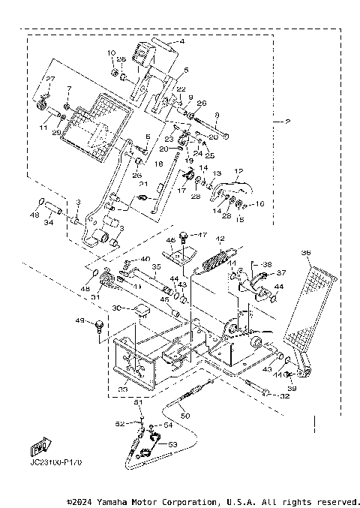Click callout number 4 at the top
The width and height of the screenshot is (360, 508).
(x=181, y=43)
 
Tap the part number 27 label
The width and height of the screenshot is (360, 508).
(x=51, y=80)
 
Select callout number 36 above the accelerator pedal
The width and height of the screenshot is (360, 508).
(x=305, y=254)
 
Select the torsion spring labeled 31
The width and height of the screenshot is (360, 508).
(x=109, y=281)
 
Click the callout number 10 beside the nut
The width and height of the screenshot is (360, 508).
(x=112, y=53)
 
